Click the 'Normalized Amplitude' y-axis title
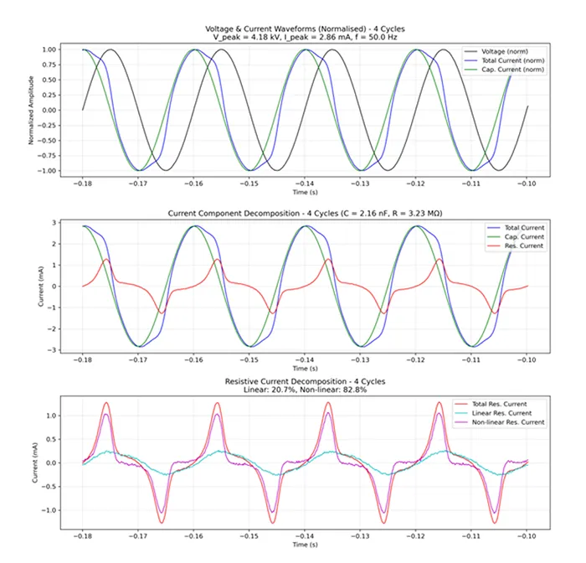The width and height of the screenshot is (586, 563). (33, 110)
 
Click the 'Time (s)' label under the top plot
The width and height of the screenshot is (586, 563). (305, 192)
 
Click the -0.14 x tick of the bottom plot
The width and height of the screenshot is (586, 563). (305, 535)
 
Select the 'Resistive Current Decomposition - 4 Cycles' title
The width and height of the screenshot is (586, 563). (305, 381)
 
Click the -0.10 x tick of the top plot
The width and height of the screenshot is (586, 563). (527, 183)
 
